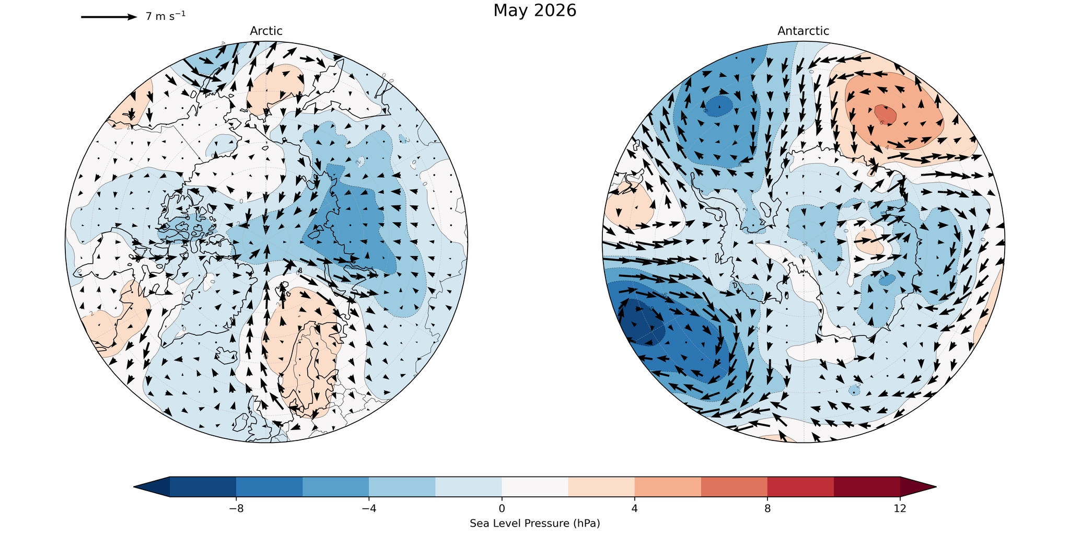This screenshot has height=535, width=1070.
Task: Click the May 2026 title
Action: pos(534,10)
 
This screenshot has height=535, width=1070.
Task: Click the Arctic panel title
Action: pos(266,31)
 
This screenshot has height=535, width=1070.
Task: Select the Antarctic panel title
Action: pos(803,31)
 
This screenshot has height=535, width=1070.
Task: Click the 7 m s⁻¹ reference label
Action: pos(165,16)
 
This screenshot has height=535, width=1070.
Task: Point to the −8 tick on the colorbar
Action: pos(236,508)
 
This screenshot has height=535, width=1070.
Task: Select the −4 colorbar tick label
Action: pos(369,508)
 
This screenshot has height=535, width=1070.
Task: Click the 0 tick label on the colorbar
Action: pos(502,508)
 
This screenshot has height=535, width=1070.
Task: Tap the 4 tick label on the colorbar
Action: pos(634,508)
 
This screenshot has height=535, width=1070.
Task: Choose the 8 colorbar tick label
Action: pos(767,508)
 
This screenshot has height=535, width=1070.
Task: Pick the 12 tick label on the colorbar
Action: pos(900,508)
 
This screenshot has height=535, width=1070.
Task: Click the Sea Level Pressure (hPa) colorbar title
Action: pos(534,523)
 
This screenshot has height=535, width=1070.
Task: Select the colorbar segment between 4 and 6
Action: pos(667,486)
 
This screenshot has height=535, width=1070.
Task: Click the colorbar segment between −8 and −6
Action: pos(269,486)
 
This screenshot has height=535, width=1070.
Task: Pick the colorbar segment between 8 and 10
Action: pos(800,486)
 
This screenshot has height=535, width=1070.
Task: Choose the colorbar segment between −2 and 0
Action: pos(468,486)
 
